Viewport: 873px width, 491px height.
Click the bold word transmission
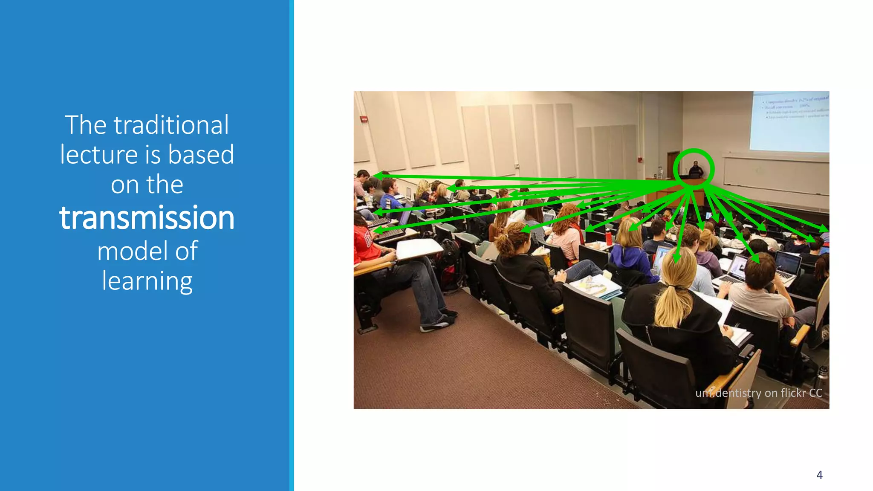[x=147, y=218]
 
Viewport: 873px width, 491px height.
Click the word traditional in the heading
[x=171, y=125]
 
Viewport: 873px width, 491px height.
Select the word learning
[x=147, y=281]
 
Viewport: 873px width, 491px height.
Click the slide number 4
[x=819, y=475]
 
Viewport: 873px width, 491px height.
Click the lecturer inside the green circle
[x=695, y=170]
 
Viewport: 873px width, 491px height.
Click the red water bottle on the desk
[x=609, y=237]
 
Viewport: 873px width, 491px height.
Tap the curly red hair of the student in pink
[x=567, y=217]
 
